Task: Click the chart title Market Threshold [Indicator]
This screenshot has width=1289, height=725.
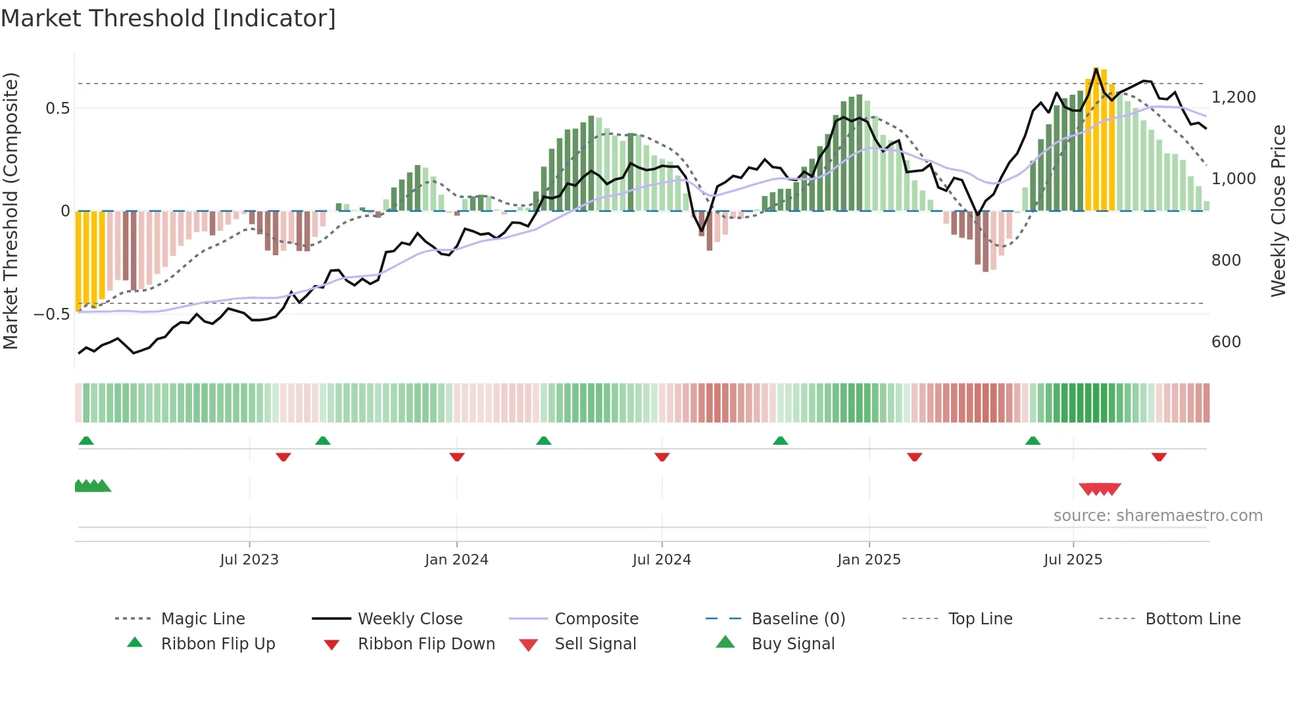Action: coord(168,18)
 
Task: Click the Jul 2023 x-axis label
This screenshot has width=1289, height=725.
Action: coord(249,560)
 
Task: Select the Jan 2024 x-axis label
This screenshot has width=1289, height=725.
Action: coord(456,560)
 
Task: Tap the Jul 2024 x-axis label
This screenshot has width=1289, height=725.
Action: coord(662,560)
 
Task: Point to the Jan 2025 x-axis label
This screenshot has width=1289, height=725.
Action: coord(869,560)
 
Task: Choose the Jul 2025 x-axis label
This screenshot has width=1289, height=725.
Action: coord(1073,560)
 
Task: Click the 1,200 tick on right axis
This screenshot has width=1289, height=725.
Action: coord(1233,97)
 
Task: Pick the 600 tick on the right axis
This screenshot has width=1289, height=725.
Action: coord(1226,342)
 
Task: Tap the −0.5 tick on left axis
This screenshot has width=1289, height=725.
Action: coord(52,314)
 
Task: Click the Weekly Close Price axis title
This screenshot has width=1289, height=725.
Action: coord(1278,211)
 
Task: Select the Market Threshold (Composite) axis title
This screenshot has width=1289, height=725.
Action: coord(11,211)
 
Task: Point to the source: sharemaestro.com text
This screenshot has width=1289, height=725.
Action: coord(1157,516)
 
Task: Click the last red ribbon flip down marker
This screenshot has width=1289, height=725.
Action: coord(1159,457)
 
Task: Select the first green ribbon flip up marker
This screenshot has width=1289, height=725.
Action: coord(86,441)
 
